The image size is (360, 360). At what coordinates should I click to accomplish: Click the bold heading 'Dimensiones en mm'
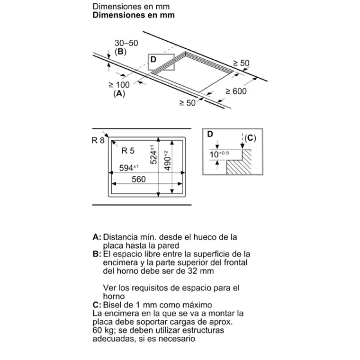click(x=134, y=15)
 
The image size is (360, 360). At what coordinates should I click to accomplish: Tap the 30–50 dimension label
click(x=126, y=43)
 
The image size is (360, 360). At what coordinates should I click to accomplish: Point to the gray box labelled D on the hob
click(x=161, y=62)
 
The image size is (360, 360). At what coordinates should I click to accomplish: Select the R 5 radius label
click(x=128, y=151)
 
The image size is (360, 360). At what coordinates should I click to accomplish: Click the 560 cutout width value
click(x=138, y=180)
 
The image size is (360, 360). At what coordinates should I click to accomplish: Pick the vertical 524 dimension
click(x=152, y=154)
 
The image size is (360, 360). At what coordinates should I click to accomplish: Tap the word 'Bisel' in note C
click(x=113, y=305)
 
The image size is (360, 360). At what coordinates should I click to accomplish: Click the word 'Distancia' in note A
click(x=120, y=237)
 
